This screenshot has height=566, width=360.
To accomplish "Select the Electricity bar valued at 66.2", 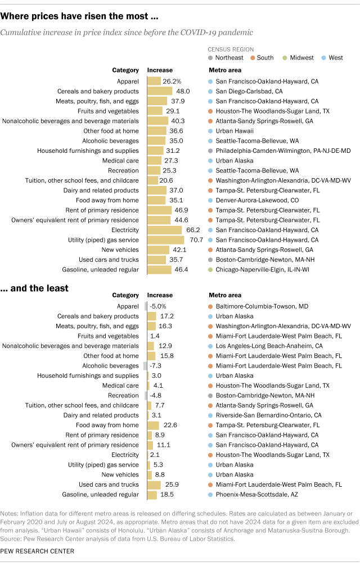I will pos(164,230).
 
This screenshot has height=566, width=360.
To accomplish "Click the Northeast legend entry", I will pos(228,58).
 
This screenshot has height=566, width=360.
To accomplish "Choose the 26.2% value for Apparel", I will pos(173,81).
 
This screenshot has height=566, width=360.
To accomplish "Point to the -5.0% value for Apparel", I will pos(159,306).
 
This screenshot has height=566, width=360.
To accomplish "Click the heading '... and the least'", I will pos(35,288).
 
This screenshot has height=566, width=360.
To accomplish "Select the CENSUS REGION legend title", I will pos(231,49).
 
